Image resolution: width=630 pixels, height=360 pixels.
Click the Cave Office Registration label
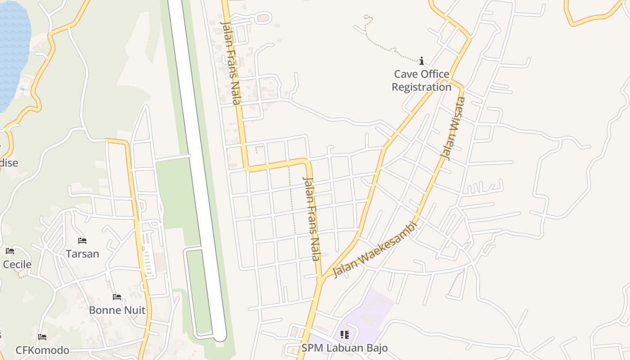[x=421, y=81]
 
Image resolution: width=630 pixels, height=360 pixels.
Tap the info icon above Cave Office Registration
[x=422, y=61]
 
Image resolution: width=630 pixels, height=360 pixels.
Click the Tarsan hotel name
[x=82, y=254]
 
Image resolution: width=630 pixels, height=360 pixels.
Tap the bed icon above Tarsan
[x=82, y=241]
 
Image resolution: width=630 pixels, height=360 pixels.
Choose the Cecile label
[x=17, y=264]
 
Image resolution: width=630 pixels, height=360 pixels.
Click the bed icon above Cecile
[x=10, y=251]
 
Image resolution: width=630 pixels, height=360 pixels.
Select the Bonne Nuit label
[x=117, y=310]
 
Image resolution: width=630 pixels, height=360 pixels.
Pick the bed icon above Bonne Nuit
[x=117, y=297]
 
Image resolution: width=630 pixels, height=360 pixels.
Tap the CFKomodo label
[x=42, y=350]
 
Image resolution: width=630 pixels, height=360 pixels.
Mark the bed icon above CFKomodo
[x=42, y=337]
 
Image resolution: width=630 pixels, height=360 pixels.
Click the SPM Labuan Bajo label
[x=344, y=348]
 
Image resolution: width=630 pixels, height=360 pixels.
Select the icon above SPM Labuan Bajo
[x=344, y=335]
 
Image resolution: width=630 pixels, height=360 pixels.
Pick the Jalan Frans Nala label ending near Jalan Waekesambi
[x=312, y=219]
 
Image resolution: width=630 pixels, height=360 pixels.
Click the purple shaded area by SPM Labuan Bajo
[x=373, y=310]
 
